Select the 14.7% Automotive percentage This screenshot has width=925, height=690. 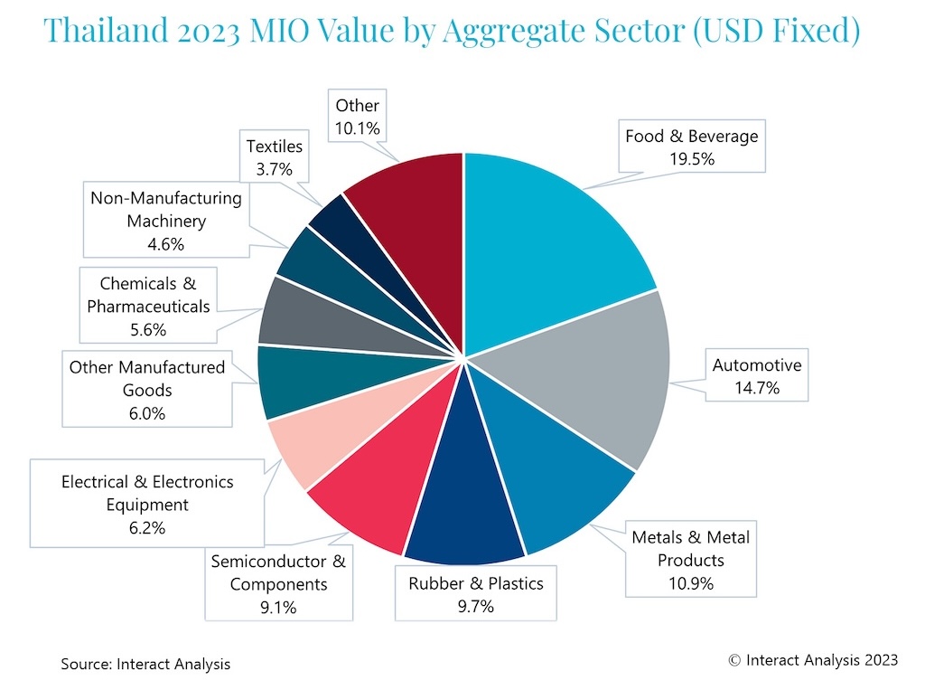[x=757, y=389]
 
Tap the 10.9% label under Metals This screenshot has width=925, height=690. [x=691, y=583]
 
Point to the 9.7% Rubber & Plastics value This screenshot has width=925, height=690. [x=476, y=606]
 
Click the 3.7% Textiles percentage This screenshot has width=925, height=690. [x=275, y=168]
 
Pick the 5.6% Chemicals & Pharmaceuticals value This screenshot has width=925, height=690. [x=148, y=330]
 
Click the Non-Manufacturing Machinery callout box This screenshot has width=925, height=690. [x=166, y=221]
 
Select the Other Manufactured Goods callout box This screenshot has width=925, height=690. [x=147, y=391]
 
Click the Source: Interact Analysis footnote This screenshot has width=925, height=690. [x=145, y=664]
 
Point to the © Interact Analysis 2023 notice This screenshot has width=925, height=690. [x=813, y=660]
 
